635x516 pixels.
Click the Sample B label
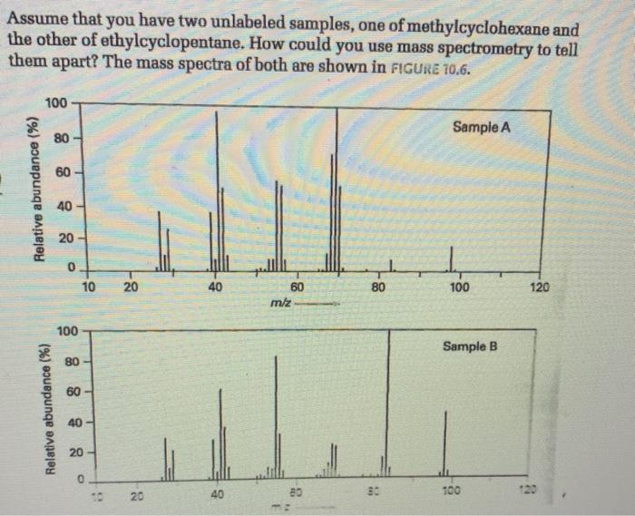[471, 346]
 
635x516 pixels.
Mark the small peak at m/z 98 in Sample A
[451, 263]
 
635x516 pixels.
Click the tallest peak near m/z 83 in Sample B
[388, 399]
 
